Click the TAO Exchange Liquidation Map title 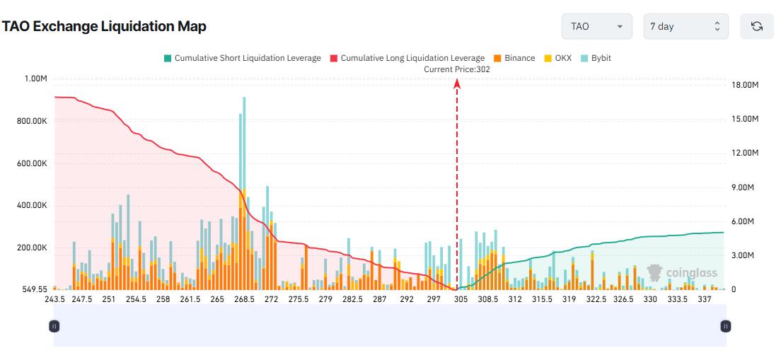(104, 27)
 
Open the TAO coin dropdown (596, 26)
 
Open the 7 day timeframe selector (685, 26)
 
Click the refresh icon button (756, 26)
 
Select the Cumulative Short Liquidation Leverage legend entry (242, 58)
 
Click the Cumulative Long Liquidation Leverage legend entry (407, 58)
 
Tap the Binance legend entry (514, 58)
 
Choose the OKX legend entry (559, 58)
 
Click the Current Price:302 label (456, 69)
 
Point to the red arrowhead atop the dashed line (457, 83)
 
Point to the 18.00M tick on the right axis (745, 85)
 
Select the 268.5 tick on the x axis (244, 299)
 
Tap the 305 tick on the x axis (461, 299)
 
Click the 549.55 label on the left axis (33, 289)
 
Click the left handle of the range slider (54, 326)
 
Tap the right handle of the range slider (725, 326)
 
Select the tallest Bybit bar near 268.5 (244, 141)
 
